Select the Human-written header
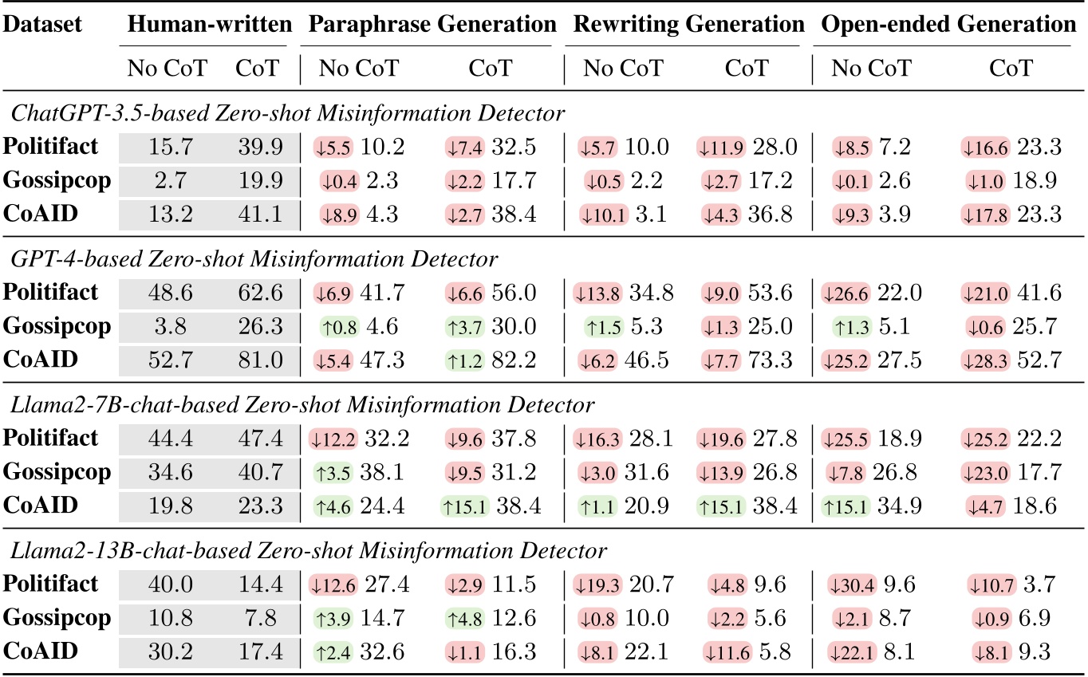click(210, 25)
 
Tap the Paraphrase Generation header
click(432, 25)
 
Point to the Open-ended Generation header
click(948, 25)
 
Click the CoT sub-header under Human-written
click(258, 68)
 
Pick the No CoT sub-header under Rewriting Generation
click(623, 68)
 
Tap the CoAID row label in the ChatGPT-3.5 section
click(41, 213)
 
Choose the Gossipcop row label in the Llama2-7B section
click(57, 472)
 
